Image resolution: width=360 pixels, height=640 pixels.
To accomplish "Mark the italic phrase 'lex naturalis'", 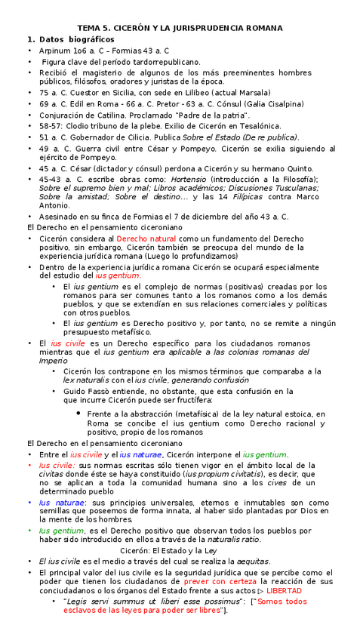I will [88, 381].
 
